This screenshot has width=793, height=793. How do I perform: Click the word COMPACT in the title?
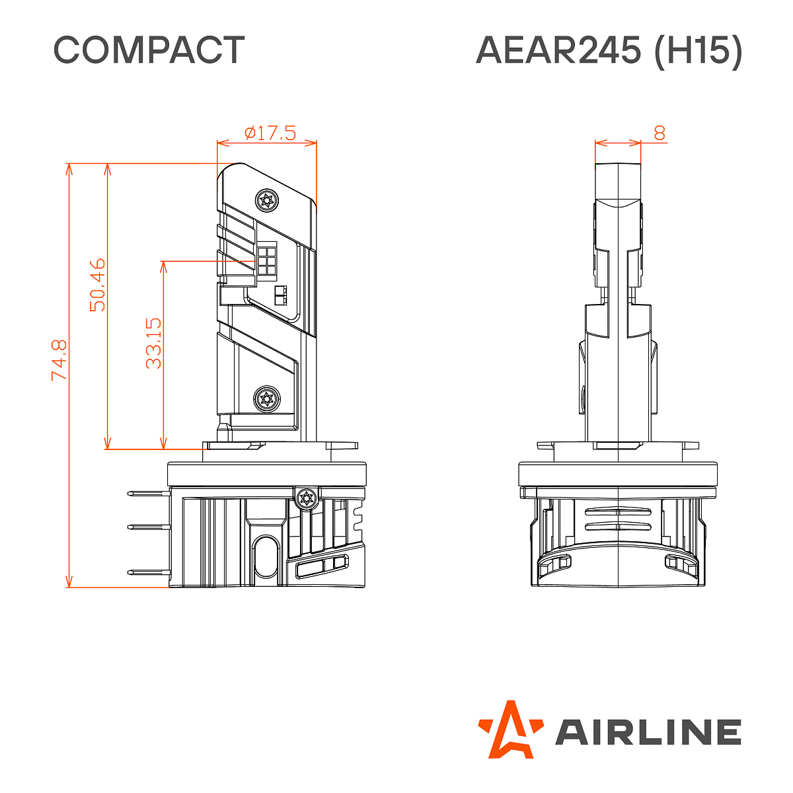click(x=149, y=50)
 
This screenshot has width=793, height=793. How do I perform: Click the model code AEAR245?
click(x=558, y=50)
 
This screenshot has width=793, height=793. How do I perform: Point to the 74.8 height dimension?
click(x=59, y=359)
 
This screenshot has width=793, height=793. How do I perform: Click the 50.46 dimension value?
click(x=97, y=284)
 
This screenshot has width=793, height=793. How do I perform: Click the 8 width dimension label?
click(x=660, y=133)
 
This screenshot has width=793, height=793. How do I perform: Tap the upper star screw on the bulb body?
click(x=267, y=200)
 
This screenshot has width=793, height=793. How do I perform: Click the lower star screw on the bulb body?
click(x=267, y=398)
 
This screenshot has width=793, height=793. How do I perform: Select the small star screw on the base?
click(x=306, y=498)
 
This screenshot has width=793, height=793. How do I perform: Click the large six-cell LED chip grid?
click(x=267, y=260)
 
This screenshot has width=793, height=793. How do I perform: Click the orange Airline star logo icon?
click(x=510, y=729)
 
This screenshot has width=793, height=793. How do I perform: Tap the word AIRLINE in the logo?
click(x=648, y=732)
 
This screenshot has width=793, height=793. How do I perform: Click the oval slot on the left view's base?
click(x=267, y=555)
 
